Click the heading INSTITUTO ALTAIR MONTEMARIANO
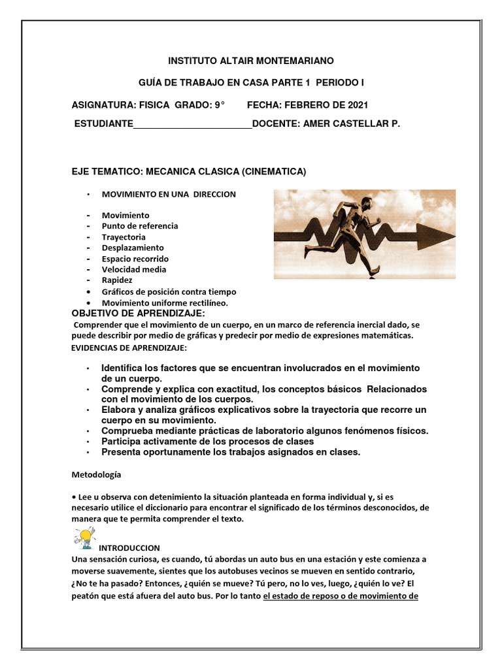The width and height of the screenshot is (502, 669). (251, 61)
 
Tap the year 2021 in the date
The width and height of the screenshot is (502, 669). (356, 105)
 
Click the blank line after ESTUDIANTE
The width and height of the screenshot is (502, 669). (192, 123)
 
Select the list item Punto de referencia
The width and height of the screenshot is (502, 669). (139, 226)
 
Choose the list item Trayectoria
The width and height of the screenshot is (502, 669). (124, 237)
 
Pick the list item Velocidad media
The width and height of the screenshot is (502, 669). (134, 269)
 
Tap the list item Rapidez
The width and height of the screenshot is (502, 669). (117, 280)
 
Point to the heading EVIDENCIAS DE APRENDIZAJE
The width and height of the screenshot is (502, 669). (129, 347)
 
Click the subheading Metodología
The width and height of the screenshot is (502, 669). (95, 474)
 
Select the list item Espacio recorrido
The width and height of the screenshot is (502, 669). (135, 259)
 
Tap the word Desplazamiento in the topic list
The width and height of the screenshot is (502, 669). (133, 248)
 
